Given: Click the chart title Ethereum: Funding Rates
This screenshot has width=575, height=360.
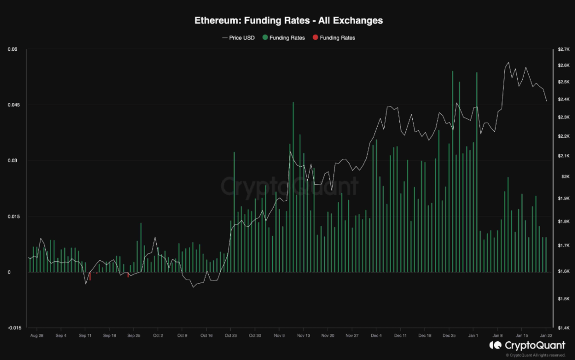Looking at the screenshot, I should point(288,21).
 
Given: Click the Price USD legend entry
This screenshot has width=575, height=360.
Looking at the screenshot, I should point(242,38).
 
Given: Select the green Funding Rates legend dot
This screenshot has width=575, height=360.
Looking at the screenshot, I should point(266,38).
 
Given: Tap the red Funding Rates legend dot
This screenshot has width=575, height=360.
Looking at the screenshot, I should point(316,38).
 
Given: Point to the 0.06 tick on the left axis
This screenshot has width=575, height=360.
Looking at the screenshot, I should point(12,49).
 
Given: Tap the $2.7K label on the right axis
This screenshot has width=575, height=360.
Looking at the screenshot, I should point(563,50).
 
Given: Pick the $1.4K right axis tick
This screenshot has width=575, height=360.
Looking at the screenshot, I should point(563,327).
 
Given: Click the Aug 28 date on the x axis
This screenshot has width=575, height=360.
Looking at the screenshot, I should point(37,335).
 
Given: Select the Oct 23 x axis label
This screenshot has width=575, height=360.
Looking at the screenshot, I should point(231,335).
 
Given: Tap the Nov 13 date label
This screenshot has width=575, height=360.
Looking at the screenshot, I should point(304,335).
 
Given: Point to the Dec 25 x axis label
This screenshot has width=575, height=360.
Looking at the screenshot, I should point(449,335).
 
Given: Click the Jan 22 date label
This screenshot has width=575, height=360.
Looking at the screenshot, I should point(545,335).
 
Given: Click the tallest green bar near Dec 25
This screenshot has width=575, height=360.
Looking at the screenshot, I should point(452,173).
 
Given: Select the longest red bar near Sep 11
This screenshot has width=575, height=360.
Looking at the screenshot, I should point(90,276).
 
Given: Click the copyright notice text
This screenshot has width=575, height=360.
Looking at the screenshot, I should point(536,355).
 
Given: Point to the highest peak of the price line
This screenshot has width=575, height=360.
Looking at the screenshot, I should point(508,63).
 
